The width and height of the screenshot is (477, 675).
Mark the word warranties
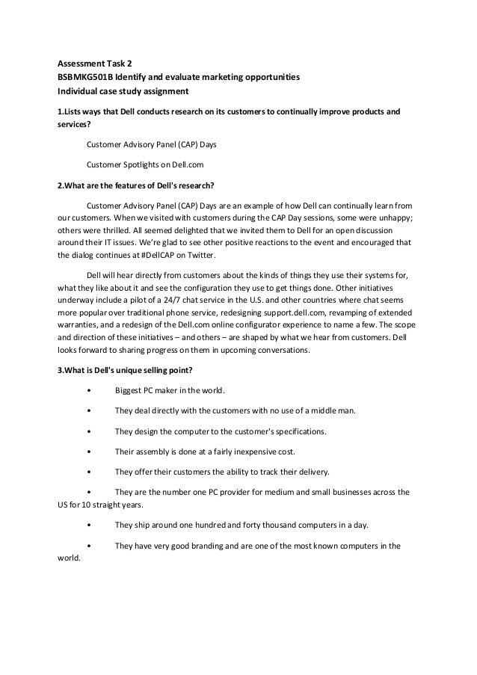point(80,324)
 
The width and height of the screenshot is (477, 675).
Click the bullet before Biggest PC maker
point(90,390)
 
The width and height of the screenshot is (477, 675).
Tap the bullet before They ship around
point(90,525)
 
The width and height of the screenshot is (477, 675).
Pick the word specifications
point(293,431)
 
